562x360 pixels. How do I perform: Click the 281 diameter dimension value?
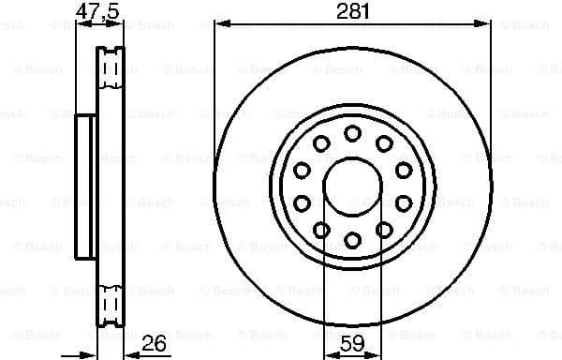[352, 11]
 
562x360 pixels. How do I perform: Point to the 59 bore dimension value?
[352, 343]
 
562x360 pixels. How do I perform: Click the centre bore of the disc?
[352, 187]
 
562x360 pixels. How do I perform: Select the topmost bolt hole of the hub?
[352, 133]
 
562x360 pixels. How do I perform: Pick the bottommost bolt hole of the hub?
[352, 241]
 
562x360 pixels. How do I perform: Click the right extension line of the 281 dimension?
[490, 94]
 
